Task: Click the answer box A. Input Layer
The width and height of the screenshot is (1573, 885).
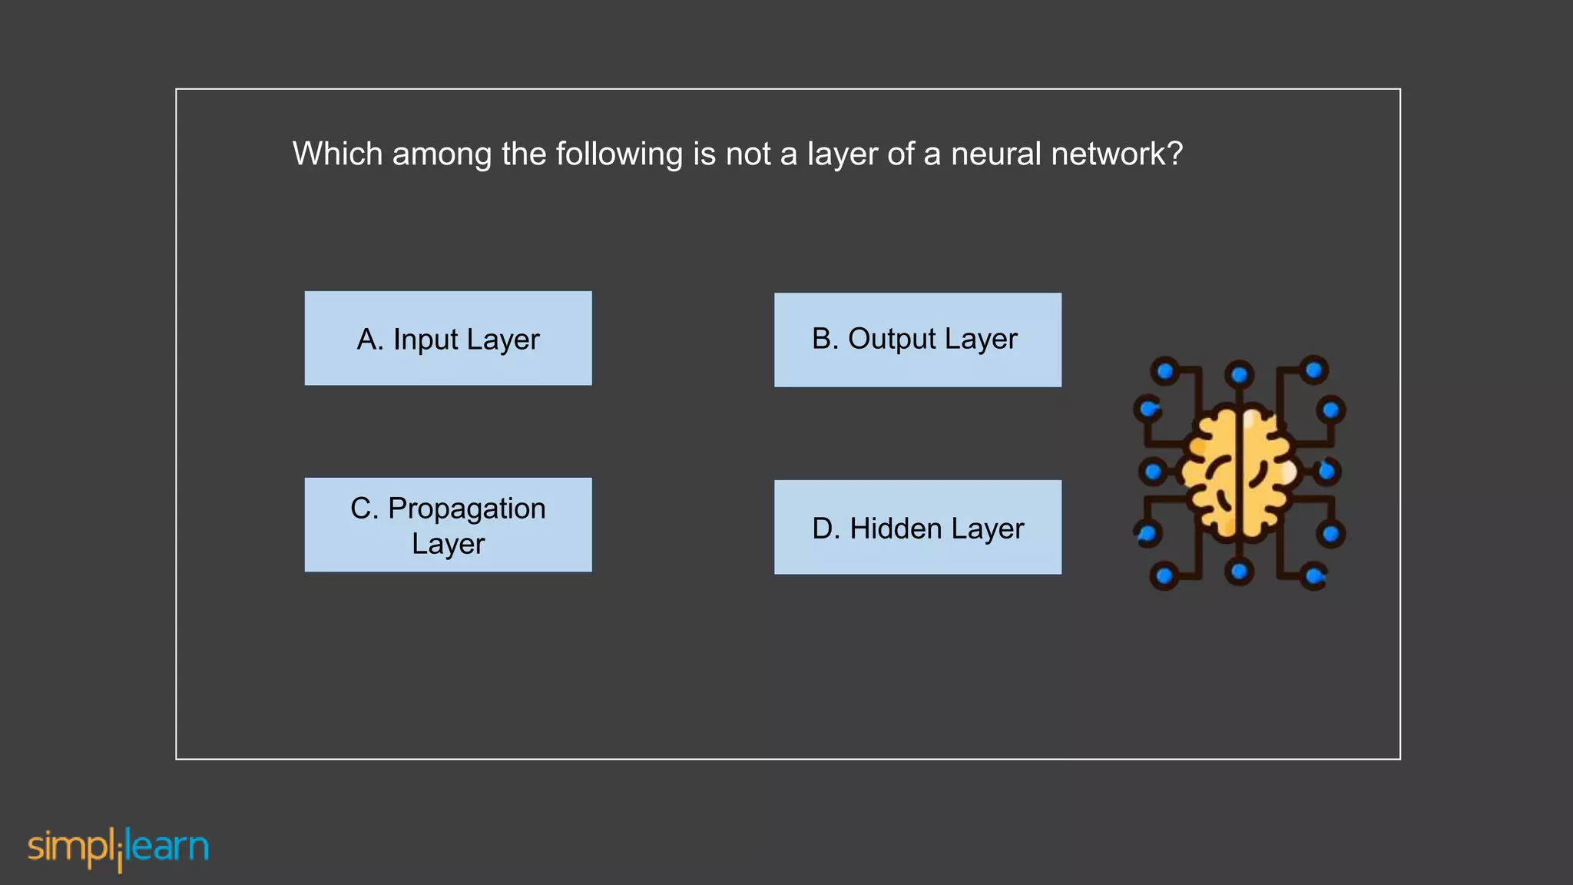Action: coord(448,338)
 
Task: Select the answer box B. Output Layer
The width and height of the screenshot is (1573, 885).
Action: coord(917,340)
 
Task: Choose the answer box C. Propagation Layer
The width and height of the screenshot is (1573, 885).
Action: coord(448,525)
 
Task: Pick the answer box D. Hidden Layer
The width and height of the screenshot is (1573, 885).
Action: coord(917,527)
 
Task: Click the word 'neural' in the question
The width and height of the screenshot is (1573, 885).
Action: coord(995,154)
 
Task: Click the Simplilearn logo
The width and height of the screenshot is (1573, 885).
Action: coord(118,848)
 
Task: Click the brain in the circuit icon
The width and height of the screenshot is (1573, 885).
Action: coord(1238,473)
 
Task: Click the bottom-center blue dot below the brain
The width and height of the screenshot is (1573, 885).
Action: coord(1239,572)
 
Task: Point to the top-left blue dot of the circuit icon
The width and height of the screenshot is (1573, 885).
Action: coord(1165,372)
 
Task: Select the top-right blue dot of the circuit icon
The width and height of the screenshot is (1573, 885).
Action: coord(1313,370)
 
